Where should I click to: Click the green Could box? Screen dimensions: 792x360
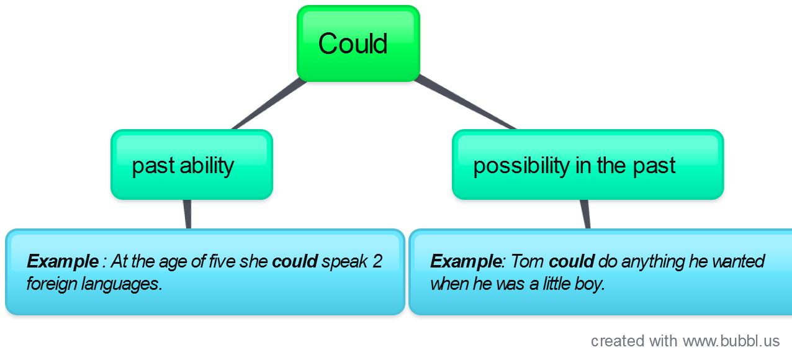click(359, 43)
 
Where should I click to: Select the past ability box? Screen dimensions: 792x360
click(192, 165)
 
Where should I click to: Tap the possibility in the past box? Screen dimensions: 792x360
click(588, 165)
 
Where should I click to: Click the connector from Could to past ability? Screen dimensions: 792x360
click(269, 104)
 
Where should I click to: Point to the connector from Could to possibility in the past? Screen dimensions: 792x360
click(465, 102)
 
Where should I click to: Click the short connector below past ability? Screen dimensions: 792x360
click(187, 214)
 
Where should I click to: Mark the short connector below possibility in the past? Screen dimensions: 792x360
click(585, 214)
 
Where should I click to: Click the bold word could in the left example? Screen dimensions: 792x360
click(295, 261)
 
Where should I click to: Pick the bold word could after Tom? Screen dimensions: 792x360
click(572, 261)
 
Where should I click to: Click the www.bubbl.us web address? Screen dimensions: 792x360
click(731, 341)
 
